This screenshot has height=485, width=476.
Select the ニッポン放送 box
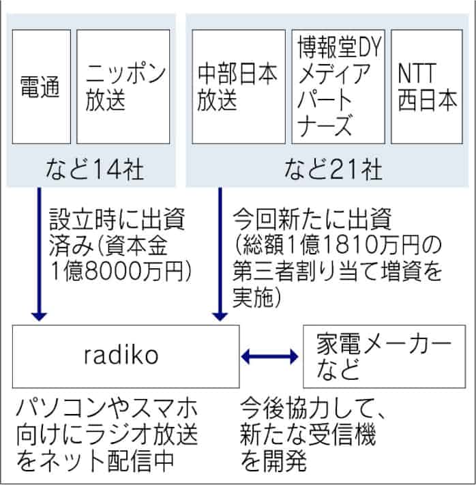(122, 86)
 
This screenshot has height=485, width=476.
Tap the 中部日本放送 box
(237, 86)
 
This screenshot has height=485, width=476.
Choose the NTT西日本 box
(428, 86)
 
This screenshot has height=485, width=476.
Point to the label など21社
(329, 168)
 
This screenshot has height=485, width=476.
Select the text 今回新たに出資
(311, 220)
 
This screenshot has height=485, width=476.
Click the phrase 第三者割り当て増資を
(338, 271)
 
